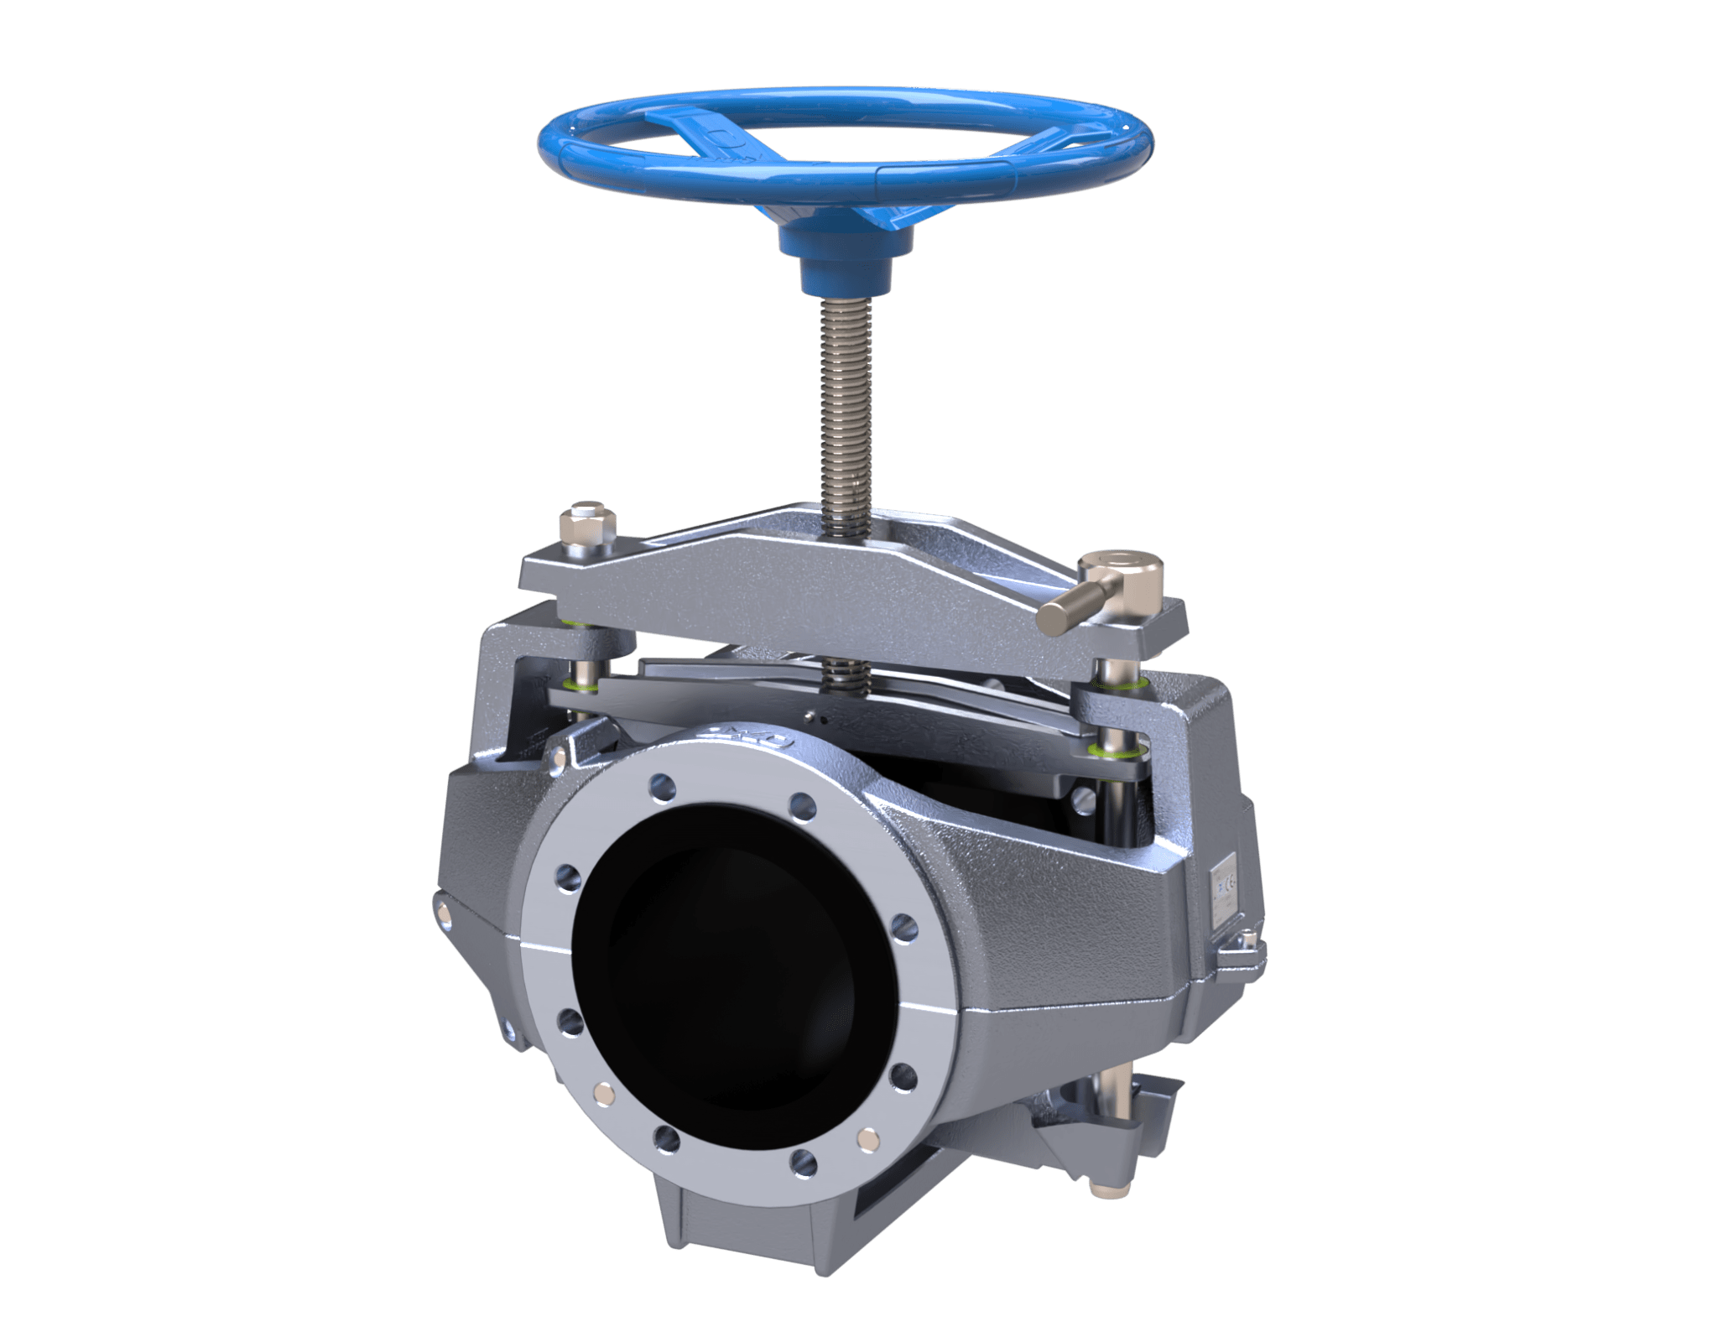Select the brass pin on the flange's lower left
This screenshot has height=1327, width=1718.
[x=603, y=1090]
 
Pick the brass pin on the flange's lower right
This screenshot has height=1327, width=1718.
[x=865, y=1139]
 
